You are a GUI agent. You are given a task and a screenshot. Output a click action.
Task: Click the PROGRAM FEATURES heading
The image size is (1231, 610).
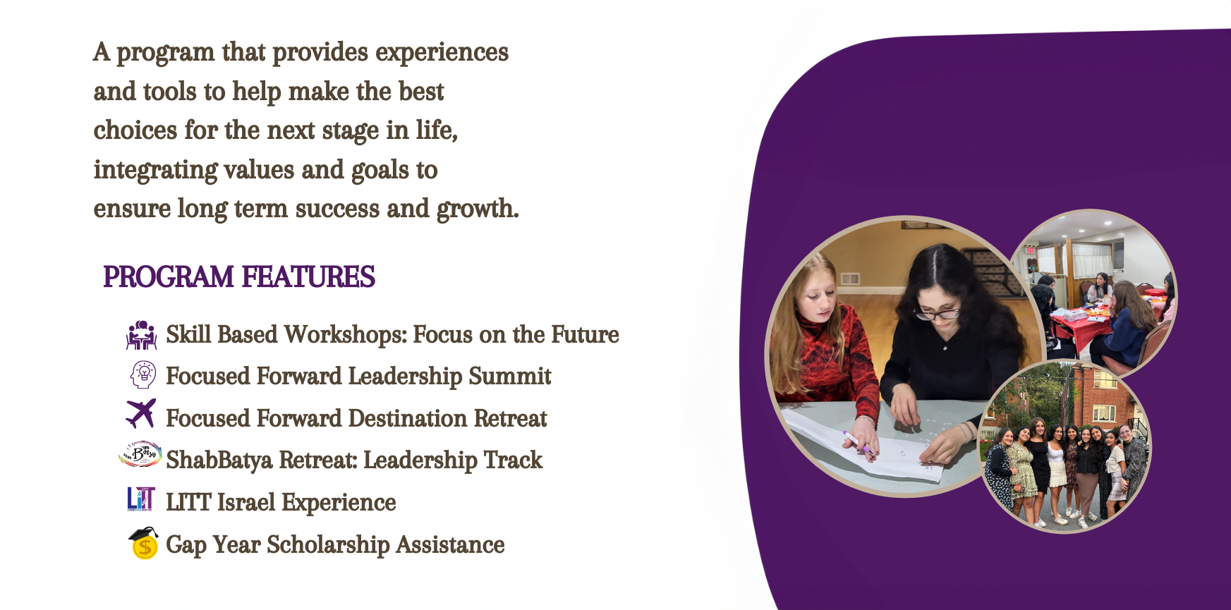coord(239,277)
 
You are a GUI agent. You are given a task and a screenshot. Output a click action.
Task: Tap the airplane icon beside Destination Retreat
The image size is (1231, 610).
coord(141,413)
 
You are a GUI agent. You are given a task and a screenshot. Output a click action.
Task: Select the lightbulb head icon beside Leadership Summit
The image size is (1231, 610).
coord(143,374)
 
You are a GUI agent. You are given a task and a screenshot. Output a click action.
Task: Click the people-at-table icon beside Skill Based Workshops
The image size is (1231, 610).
coord(142,335)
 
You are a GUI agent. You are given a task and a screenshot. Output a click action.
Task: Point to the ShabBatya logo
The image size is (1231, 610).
coord(140,455)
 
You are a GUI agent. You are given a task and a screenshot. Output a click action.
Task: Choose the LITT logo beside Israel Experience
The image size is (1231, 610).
coord(141,499)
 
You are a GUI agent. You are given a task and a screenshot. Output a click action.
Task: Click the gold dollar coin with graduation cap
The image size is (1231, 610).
coord(144,543)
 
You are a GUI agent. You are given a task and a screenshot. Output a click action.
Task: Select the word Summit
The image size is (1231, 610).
coord(509,377)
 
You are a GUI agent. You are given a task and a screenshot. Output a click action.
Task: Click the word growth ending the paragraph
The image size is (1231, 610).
coord(478,209)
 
